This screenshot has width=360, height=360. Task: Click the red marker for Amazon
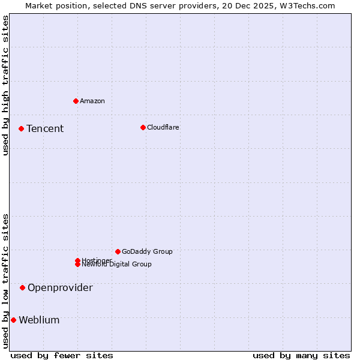click(x=76, y=101)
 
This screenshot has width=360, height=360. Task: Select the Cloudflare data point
click(x=143, y=127)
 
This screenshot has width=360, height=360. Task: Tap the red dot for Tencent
click(x=21, y=128)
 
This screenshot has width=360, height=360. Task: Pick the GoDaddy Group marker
click(x=118, y=251)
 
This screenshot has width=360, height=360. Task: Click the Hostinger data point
click(x=77, y=260)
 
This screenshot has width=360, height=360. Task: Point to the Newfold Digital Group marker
click(x=77, y=265)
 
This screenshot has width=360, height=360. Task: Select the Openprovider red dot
click(x=22, y=287)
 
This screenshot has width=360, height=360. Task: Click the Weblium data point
click(x=13, y=320)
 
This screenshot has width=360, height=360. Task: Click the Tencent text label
click(x=45, y=128)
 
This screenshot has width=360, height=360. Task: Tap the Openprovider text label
click(x=60, y=287)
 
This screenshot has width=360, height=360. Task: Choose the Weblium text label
click(x=39, y=320)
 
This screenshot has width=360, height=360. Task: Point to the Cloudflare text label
click(x=163, y=127)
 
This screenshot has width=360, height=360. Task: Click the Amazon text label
click(x=92, y=101)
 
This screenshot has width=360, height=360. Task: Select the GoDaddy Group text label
click(x=147, y=251)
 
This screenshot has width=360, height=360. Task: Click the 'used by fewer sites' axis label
click(x=62, y=355)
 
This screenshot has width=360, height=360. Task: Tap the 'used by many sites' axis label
click(x=301, y=355)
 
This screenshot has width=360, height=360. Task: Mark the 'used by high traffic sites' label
click(x=5, y=85)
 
